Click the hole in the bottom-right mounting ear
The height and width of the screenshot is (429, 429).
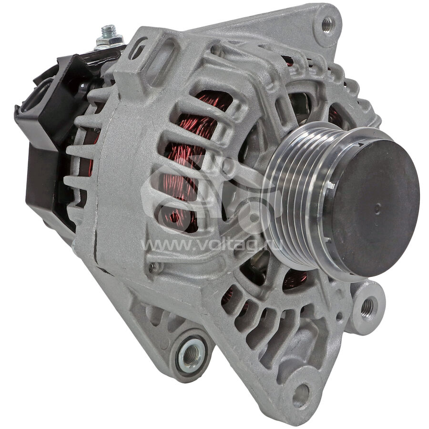click(x=301, y=395)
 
